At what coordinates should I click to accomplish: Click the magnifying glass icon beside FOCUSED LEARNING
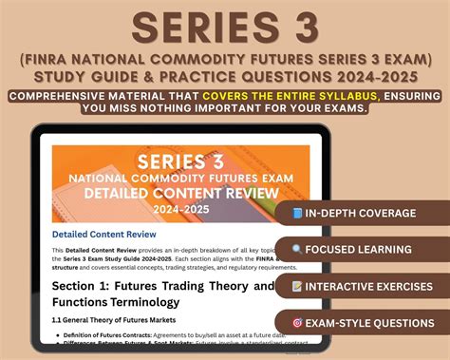point(297,249)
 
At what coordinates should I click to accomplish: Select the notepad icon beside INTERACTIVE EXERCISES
point(297,285)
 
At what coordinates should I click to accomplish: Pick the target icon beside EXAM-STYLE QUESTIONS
point(297,322)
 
